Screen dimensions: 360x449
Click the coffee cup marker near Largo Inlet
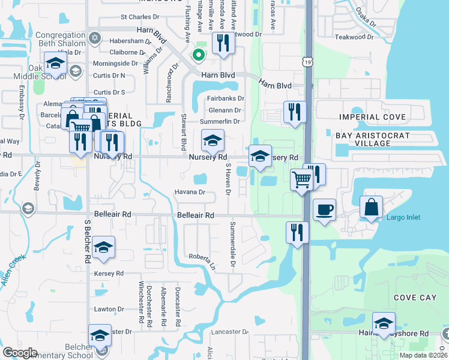(x=324, y=210)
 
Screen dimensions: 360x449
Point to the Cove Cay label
(x=414, y=298)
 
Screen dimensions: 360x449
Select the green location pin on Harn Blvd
(x=198, y=56)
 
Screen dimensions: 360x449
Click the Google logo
(x=20, y=353)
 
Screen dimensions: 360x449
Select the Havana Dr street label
(x=190, y=193)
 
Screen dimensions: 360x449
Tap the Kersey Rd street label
(x=109, y=273)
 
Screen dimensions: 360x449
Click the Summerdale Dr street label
(x=233, y=244)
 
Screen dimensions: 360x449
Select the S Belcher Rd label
(x=88, y=241)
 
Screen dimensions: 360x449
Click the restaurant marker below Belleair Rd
(x=297, y=232)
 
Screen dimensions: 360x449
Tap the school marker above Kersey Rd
(x=103, y=247)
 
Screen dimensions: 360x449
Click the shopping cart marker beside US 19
(x=301, y=179)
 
